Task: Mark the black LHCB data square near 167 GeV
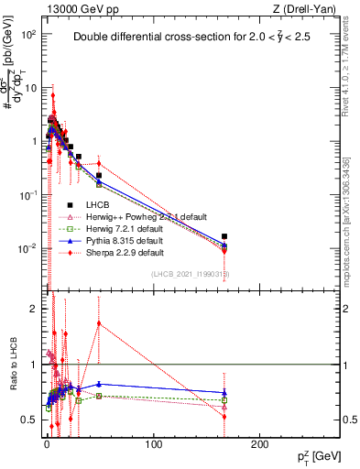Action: coord(225,236)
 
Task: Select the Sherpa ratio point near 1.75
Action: coord(99,322)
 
